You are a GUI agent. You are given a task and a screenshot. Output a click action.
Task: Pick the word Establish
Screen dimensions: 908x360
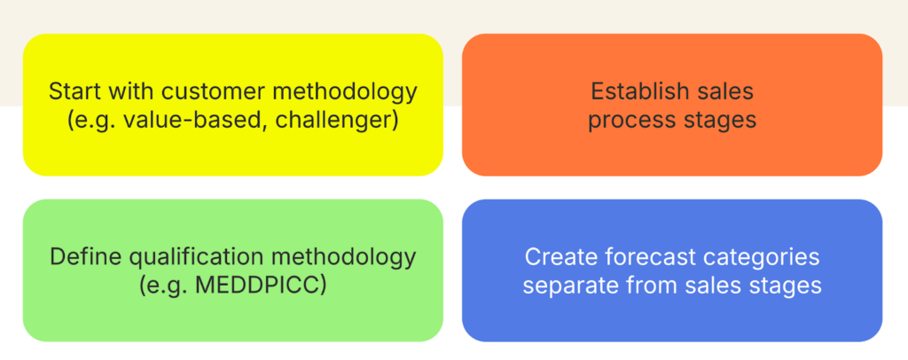click(x=632, y=91)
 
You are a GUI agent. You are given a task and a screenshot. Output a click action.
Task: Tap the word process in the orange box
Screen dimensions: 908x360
click(x=623, y=121)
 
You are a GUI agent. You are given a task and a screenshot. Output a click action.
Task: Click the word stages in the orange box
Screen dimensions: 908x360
click(x=712, y=121)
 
